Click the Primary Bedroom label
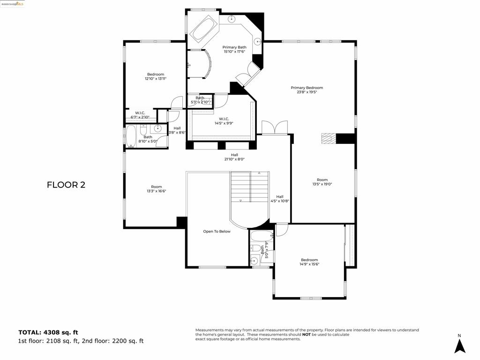307,88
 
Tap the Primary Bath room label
234,47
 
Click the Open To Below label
217,232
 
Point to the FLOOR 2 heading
66,185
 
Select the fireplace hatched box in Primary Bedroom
329,138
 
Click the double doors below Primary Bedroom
274,127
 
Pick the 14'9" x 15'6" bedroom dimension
309,264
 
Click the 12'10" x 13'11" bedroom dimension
156,79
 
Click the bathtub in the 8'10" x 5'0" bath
131,136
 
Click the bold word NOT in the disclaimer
306,334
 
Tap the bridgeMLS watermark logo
13,4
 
